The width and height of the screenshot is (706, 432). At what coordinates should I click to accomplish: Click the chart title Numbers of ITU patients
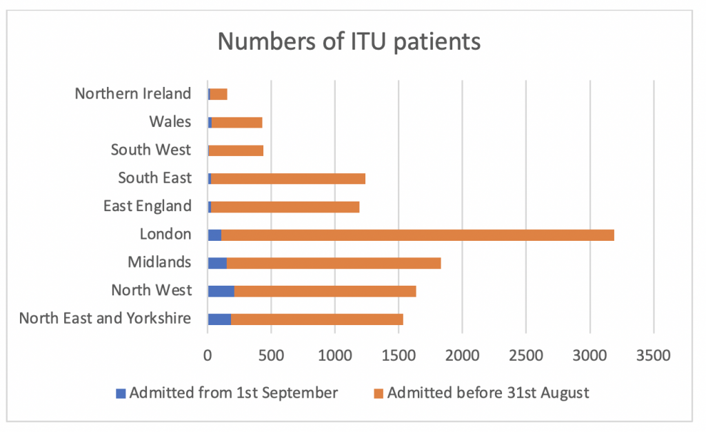click(349, 42)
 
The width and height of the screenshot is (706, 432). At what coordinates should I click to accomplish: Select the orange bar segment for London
click(417, 235)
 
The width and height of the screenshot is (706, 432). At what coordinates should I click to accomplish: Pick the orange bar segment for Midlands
click(334, 263)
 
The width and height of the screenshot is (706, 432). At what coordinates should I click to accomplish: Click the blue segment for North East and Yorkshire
click(219, 319)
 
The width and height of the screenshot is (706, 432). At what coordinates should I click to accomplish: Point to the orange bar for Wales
click(236, 122)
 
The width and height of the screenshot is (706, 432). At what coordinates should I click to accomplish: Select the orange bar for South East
click(288, 178)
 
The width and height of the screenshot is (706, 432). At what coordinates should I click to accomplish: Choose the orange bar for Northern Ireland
click(219, 95)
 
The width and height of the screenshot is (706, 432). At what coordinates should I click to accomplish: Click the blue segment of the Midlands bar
click(217, 263)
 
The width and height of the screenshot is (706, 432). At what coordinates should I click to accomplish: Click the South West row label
click(150, 150)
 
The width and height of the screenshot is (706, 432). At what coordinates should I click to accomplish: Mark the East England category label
click(147, 206)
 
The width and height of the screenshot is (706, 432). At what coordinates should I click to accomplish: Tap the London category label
click(165, 234)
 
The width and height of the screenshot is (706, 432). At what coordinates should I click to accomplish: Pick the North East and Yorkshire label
click(105, 318)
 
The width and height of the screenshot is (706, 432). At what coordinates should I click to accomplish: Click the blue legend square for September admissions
click(121, 394)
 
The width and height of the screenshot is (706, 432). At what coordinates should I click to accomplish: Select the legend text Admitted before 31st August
click(488, 393)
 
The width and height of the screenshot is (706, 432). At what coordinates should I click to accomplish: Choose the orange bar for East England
click(285, 206)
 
